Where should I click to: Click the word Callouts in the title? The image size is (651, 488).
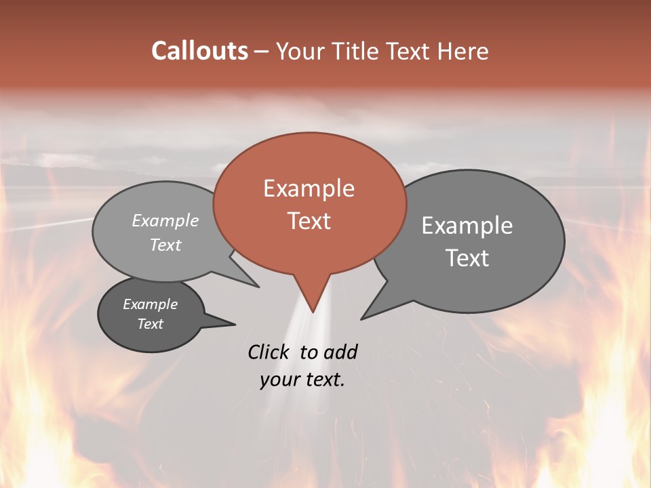[x=199, y=51]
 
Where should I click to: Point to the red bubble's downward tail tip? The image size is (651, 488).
[x=313, y=312]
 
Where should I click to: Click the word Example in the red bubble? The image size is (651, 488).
[x=309, y=188]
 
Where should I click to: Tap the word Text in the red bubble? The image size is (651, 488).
[x=309, y=221]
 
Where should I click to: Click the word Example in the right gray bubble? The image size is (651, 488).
[x=467, y=226]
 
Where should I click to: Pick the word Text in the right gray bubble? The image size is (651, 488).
[x=467, y=258]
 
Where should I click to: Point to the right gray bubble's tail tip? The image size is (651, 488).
[x=361, y=319]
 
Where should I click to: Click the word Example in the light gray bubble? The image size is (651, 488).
[x=165, y=220]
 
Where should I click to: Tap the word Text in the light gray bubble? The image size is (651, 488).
[x=165, y=245]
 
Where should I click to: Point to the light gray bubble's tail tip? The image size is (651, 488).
[x=259, y=287]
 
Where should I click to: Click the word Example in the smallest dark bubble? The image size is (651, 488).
[x=150, y=304]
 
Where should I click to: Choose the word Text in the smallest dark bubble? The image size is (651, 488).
[x=150, y=324]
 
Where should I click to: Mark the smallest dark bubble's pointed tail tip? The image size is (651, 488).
[x=235, y=325]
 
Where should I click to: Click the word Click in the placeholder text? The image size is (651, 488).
[x=270, y=352]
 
